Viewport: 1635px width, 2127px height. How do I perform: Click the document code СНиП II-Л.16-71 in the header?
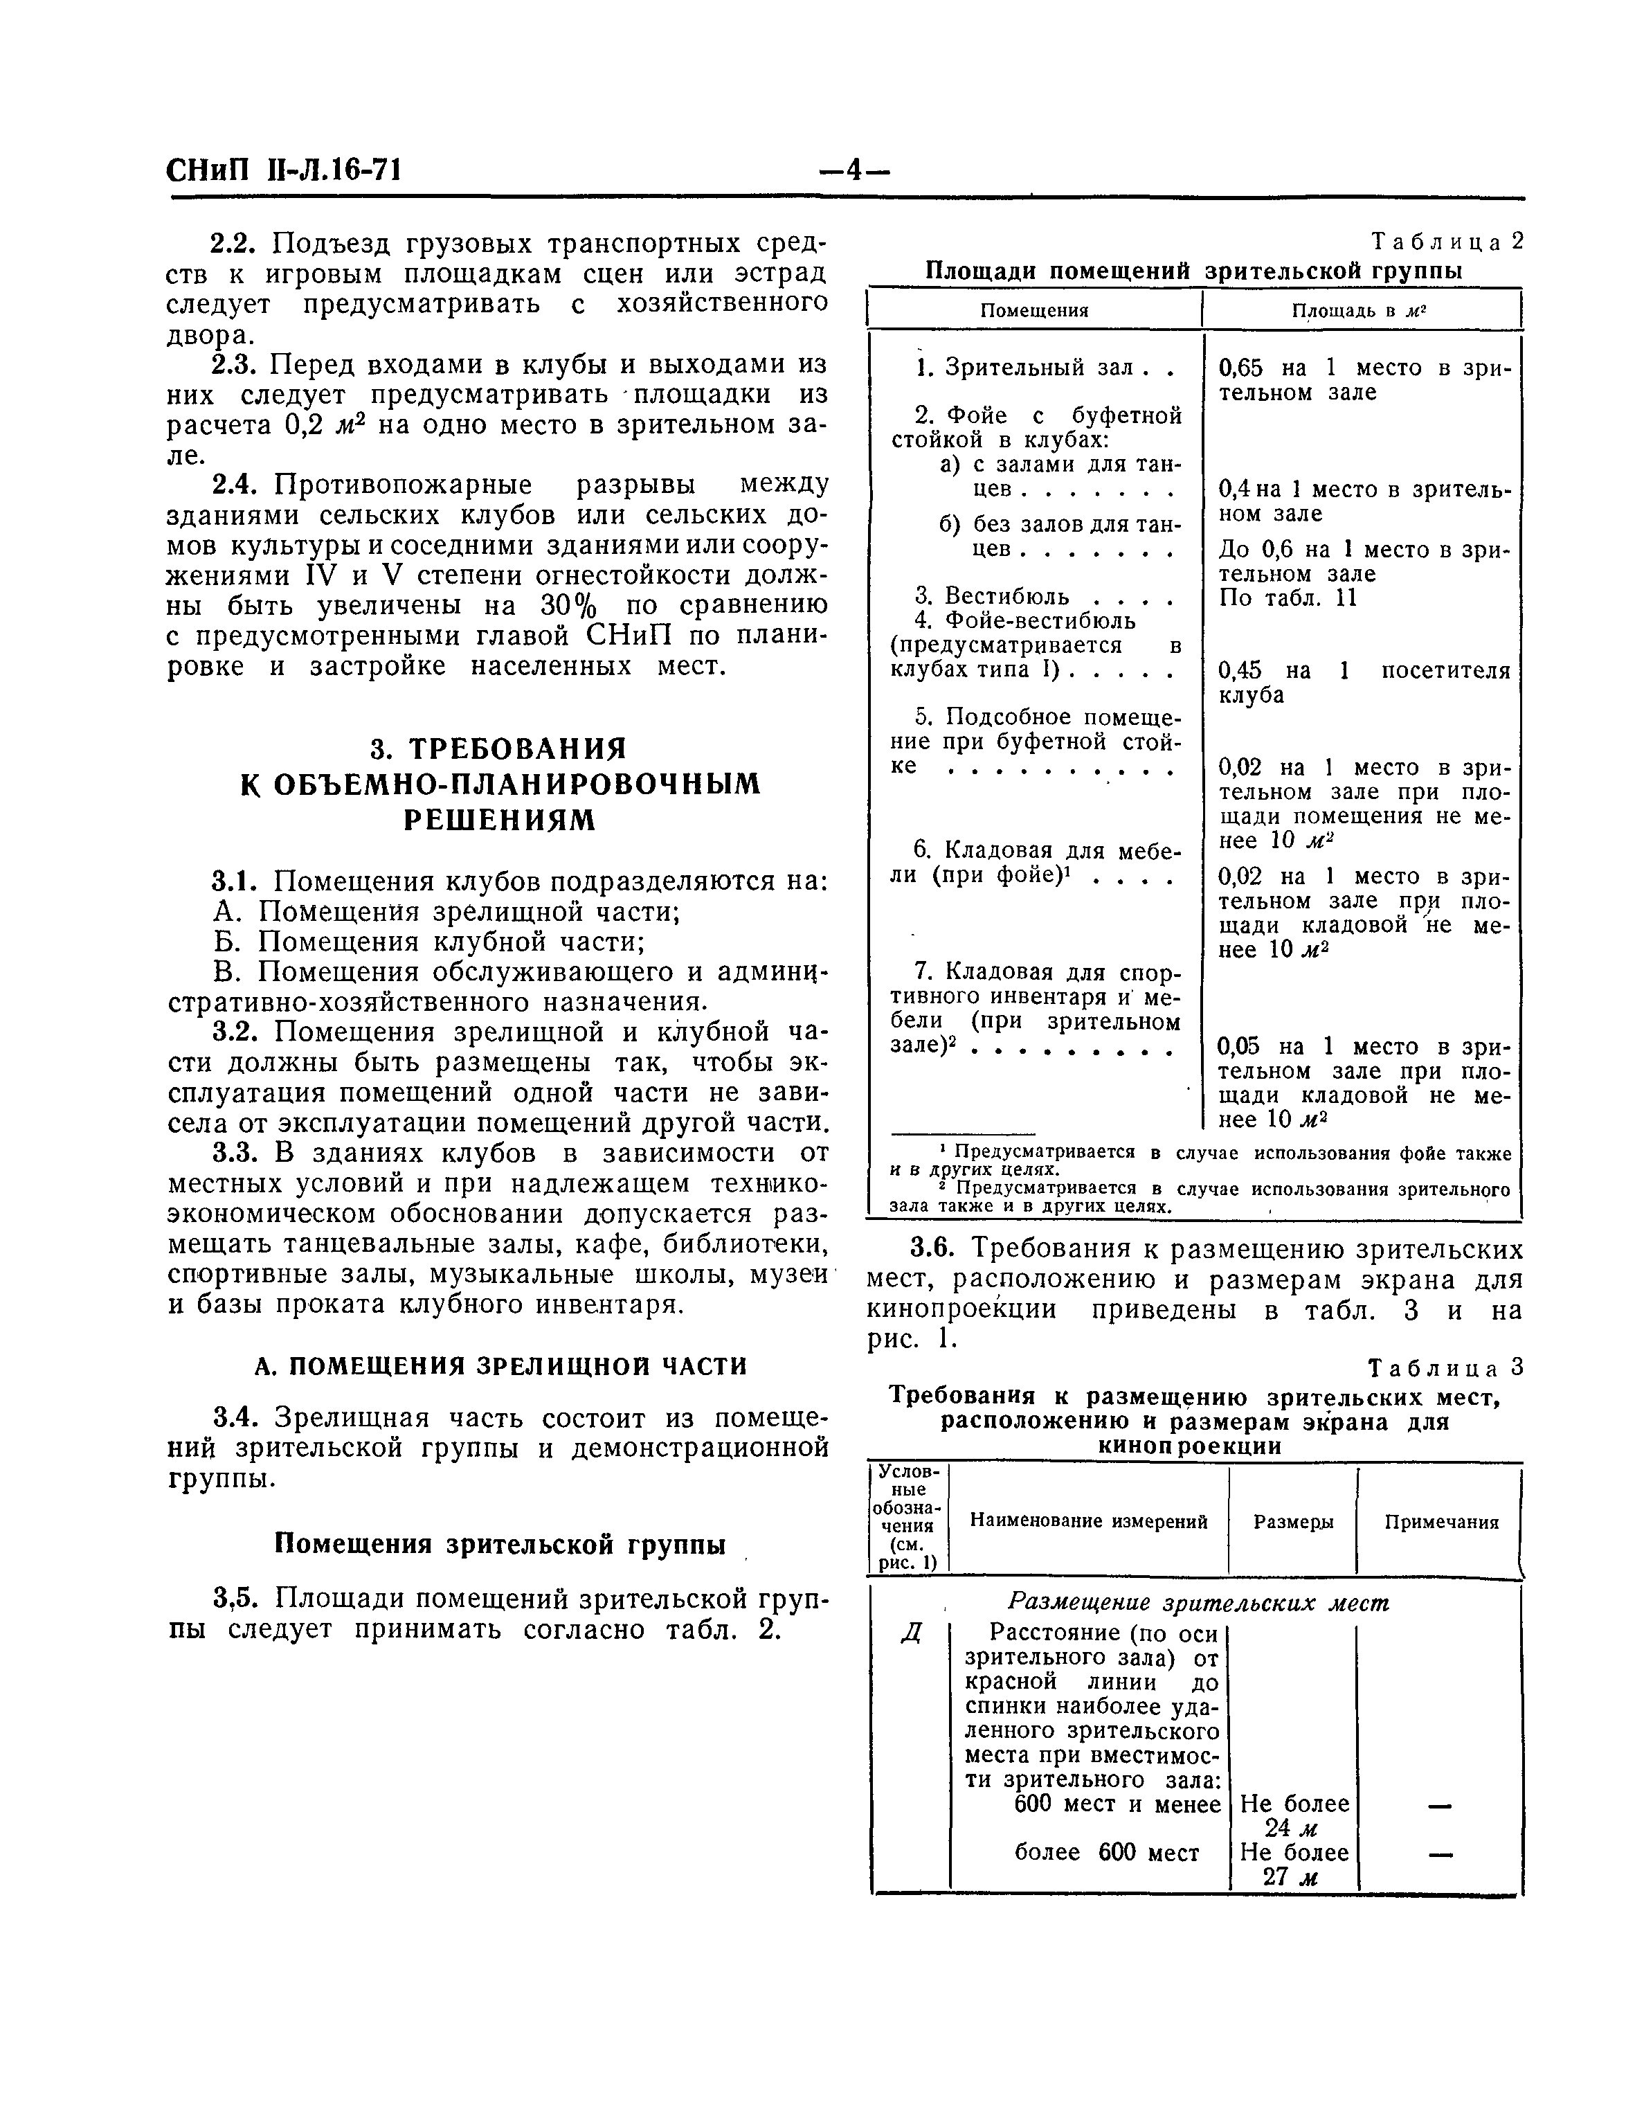pos(284,171)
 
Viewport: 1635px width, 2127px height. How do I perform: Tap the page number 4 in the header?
pos(853,171)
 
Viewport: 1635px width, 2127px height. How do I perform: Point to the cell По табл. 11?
pos(1287,597)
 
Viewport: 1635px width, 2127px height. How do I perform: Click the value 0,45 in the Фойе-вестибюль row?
pos(1240,671)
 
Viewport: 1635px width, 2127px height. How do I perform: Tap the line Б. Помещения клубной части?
pos(429,942)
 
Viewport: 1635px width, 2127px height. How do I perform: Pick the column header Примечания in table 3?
pos(1441,1523)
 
